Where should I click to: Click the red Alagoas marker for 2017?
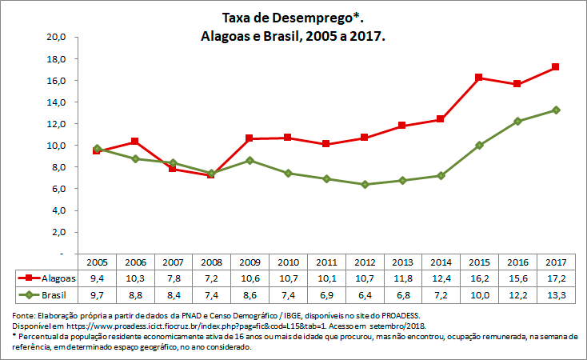(555, 67)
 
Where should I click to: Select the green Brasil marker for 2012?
(365, 185)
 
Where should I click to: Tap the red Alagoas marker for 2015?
(479, 78)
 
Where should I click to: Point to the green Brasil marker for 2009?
(250, 161)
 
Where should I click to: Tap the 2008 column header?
(211, 262)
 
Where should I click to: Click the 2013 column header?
(402, 262)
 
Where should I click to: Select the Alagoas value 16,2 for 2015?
(478, 278)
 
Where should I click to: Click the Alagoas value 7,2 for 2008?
(211, 278)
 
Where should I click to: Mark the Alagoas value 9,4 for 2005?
(97, 278)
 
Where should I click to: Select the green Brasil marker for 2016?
(517, 122)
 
